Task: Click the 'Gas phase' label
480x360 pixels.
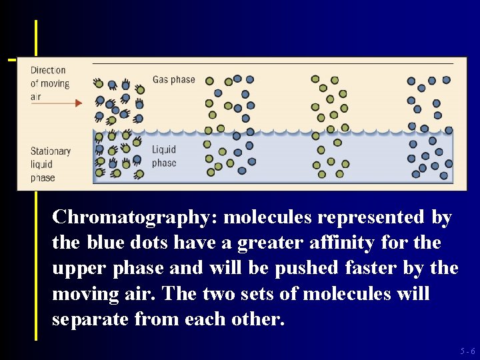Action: [173, 80]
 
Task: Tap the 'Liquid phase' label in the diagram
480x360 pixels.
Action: [164, 157]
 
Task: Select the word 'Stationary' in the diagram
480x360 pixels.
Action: [51, 151]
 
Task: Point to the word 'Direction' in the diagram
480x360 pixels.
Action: [48, 70]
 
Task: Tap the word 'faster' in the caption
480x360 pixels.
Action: [372, 269]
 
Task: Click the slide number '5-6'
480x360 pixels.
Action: [467, 351]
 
